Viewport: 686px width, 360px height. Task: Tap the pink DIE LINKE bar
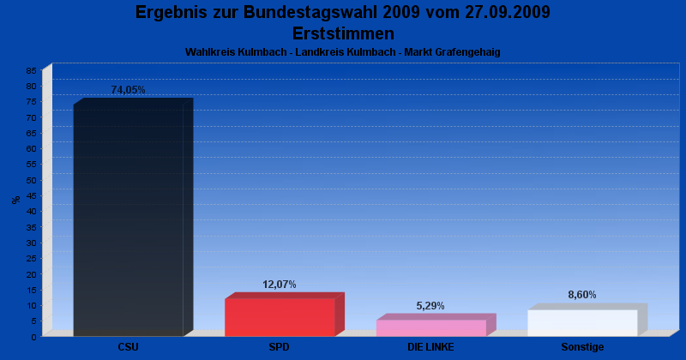click(x=430, y=327)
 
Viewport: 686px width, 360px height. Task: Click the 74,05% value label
click(x=129, y=90)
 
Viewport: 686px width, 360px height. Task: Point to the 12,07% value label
click(x=280, y=285)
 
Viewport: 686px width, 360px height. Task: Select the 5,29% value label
click(x=430, y=306)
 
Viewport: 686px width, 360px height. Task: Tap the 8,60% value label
click(x=582, y=295)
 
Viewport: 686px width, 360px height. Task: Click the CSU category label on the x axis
click(x=129, y=347)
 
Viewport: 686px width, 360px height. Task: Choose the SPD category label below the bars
click(x=280, y=347)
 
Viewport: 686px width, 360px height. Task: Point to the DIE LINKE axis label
click(x=430, y=347)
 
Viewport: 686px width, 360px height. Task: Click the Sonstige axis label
click(x=582, y=347)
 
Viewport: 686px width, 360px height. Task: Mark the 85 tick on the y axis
click(x=32, y=70)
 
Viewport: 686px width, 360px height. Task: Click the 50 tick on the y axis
click(x=32, y=180)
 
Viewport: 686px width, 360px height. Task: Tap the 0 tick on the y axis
click(x=34, y=337)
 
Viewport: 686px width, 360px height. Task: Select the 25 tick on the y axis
click(x=32, y=258)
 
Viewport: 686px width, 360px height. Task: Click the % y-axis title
click(x=15, y=200)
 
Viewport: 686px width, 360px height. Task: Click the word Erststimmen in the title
click(x=343, y=33)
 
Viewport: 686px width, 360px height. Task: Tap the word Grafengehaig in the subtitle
click(x=468, y=52)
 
